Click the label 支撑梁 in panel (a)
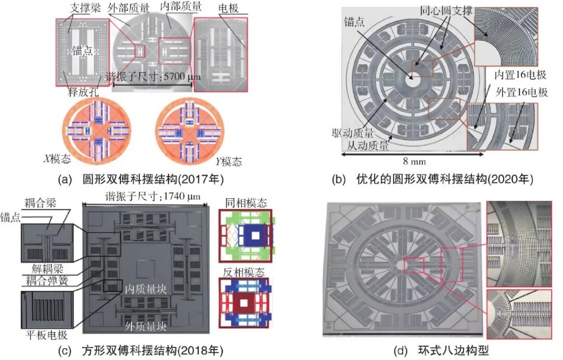85,8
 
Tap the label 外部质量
129,8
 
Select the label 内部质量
180,6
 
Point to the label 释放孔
83,92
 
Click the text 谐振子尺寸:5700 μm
153,77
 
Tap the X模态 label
57,159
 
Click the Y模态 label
229,161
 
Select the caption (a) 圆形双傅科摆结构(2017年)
141,178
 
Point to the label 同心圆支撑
446,10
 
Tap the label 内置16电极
520,75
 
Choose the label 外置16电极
522,92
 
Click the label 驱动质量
352,133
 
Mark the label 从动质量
368,146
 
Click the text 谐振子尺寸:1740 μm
153,196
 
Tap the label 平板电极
47,335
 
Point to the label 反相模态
244,272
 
